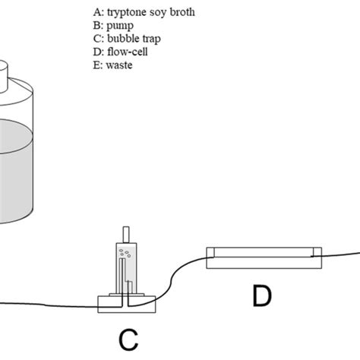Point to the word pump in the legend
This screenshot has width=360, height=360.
[x=116, y=26]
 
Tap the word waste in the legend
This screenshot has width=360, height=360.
[x=118, y=64]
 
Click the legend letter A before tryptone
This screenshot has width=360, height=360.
[x=96, y=13]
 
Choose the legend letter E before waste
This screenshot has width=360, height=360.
[x=95, y=64]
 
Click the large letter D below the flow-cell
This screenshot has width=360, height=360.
[x=261, y=295]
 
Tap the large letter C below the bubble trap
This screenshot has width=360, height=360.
[x=128, y=337]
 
